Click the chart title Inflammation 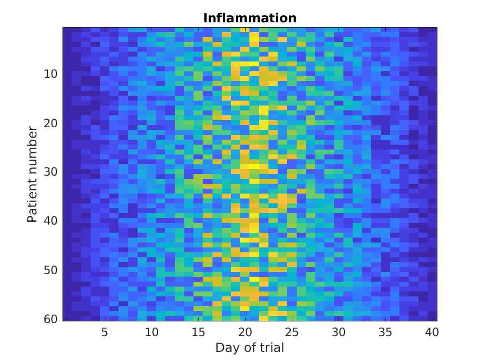pos(250,18)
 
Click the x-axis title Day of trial pos(249,347)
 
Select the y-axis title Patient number pos(33,174)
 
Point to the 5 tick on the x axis pos(105,331)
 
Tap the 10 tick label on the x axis pos(152,331)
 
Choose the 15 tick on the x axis pos(198,331)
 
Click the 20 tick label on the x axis pos(245,331)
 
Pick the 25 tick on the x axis pos(292,331)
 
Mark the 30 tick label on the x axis pos(339,331)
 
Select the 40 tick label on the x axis pos(432,331)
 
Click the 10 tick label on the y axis pos(51,74)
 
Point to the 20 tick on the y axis pos(51,123)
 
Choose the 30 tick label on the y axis pos(51,172)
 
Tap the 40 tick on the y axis pos(51,221)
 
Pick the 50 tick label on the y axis pos(51,270)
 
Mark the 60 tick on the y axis pos(51,319)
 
